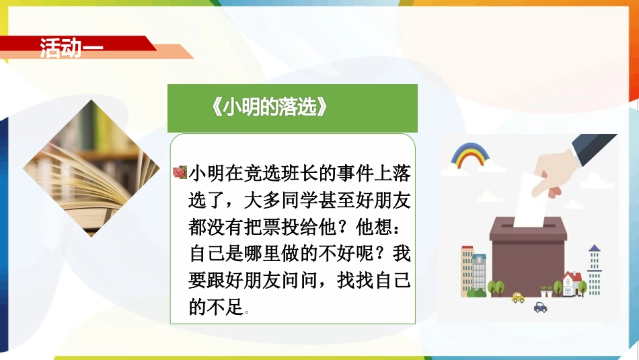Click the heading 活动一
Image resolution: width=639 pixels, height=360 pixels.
[x=71, y=48]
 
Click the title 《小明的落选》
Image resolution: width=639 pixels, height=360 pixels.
[x=269, y=107]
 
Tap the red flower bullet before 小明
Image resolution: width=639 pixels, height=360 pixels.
[x=180, y=172]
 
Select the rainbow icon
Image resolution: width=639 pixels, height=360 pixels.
[x=470, y=155]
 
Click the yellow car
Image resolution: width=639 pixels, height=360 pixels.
[x=518, y=297]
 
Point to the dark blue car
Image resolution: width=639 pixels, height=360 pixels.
[x=540, y=308]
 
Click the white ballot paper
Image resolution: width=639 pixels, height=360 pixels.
[x=530, y=201]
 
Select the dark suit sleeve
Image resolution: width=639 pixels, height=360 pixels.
[x=593, y=149]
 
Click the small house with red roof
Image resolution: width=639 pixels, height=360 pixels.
[x=571, y=283]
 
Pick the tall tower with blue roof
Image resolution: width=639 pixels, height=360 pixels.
[x=594, y=270]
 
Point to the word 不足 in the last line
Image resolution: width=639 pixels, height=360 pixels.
[x=225, y=307]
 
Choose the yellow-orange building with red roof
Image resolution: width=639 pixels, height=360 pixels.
[x=467, y=271]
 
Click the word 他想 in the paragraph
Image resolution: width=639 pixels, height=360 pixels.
[x=374, y=227]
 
